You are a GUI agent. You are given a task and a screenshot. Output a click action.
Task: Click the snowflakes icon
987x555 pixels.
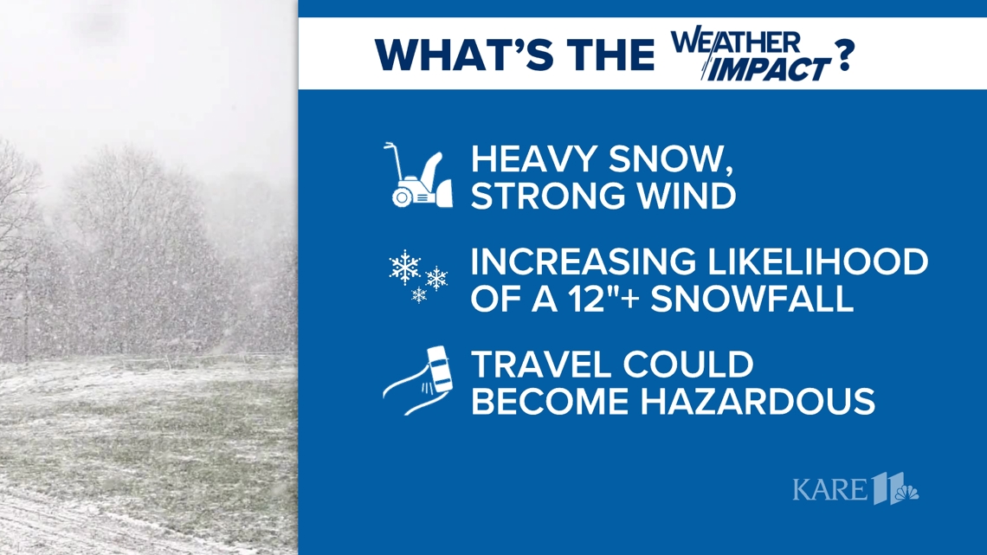[418, 277]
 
